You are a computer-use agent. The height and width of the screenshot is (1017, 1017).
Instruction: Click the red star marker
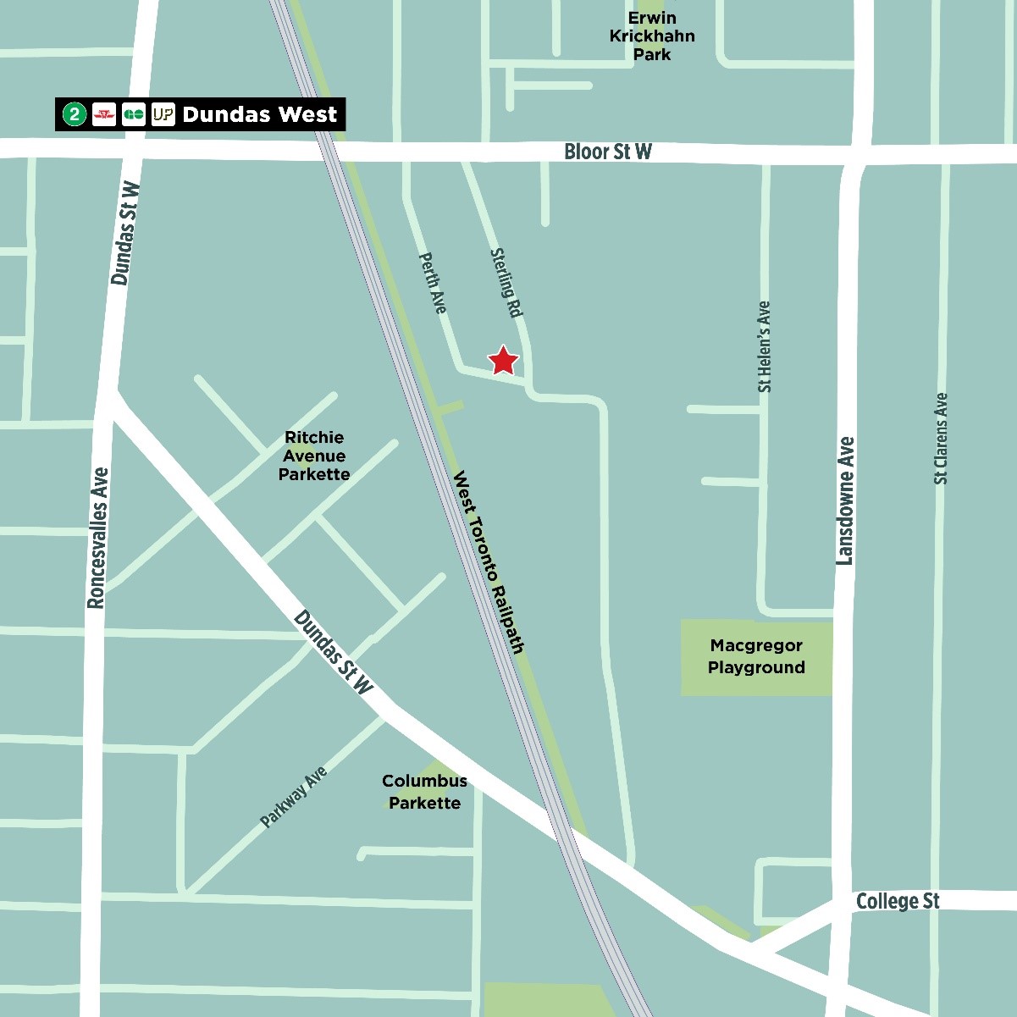coord(504,360)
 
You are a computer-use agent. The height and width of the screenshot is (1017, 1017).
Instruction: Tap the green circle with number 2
coord(75,114)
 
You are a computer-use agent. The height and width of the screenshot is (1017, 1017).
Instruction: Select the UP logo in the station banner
coord(163,114)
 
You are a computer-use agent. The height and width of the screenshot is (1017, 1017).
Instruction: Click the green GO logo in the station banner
coord(134,114)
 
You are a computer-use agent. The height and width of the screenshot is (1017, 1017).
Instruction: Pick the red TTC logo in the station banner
coord(104,114)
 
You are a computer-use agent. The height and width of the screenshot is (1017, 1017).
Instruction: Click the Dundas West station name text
coord(259,114)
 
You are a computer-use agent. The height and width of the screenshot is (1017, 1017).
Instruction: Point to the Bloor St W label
coord(608,152)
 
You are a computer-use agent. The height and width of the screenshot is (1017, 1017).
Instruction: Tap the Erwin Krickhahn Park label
coord(652,36)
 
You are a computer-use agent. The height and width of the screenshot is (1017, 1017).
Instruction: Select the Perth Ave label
coord(432,283)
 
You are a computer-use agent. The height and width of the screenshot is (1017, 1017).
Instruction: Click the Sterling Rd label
coord(506,283)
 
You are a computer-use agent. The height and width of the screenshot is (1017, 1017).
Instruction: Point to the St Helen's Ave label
coord(765,346)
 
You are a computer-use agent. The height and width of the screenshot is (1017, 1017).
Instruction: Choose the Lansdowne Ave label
coord(845,500)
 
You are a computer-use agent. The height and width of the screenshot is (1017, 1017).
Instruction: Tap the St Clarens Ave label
coord(941,439)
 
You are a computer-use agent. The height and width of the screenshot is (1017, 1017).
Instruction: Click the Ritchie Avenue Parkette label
coord(314,456)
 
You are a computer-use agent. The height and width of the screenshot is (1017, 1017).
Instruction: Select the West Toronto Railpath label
coord(490,561)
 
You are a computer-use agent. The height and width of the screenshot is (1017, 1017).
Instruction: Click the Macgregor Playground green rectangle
coord(756,657)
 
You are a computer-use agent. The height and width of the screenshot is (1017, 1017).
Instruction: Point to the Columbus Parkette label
coord(424,792)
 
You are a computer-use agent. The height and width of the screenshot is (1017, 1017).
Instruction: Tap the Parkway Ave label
coord(293,797)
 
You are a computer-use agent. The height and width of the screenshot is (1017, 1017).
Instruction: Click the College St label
coord(897,901)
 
